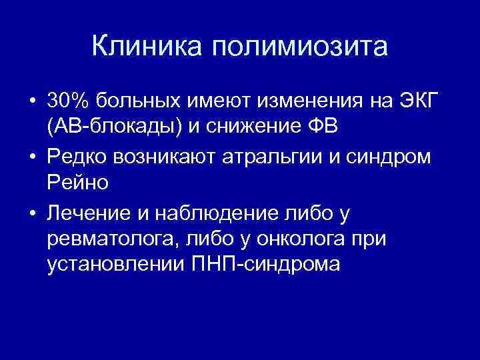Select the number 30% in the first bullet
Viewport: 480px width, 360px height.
pos(69,101)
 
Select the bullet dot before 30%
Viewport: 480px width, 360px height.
pos(31,101)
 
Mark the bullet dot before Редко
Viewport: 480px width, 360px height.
pos(31,159)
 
